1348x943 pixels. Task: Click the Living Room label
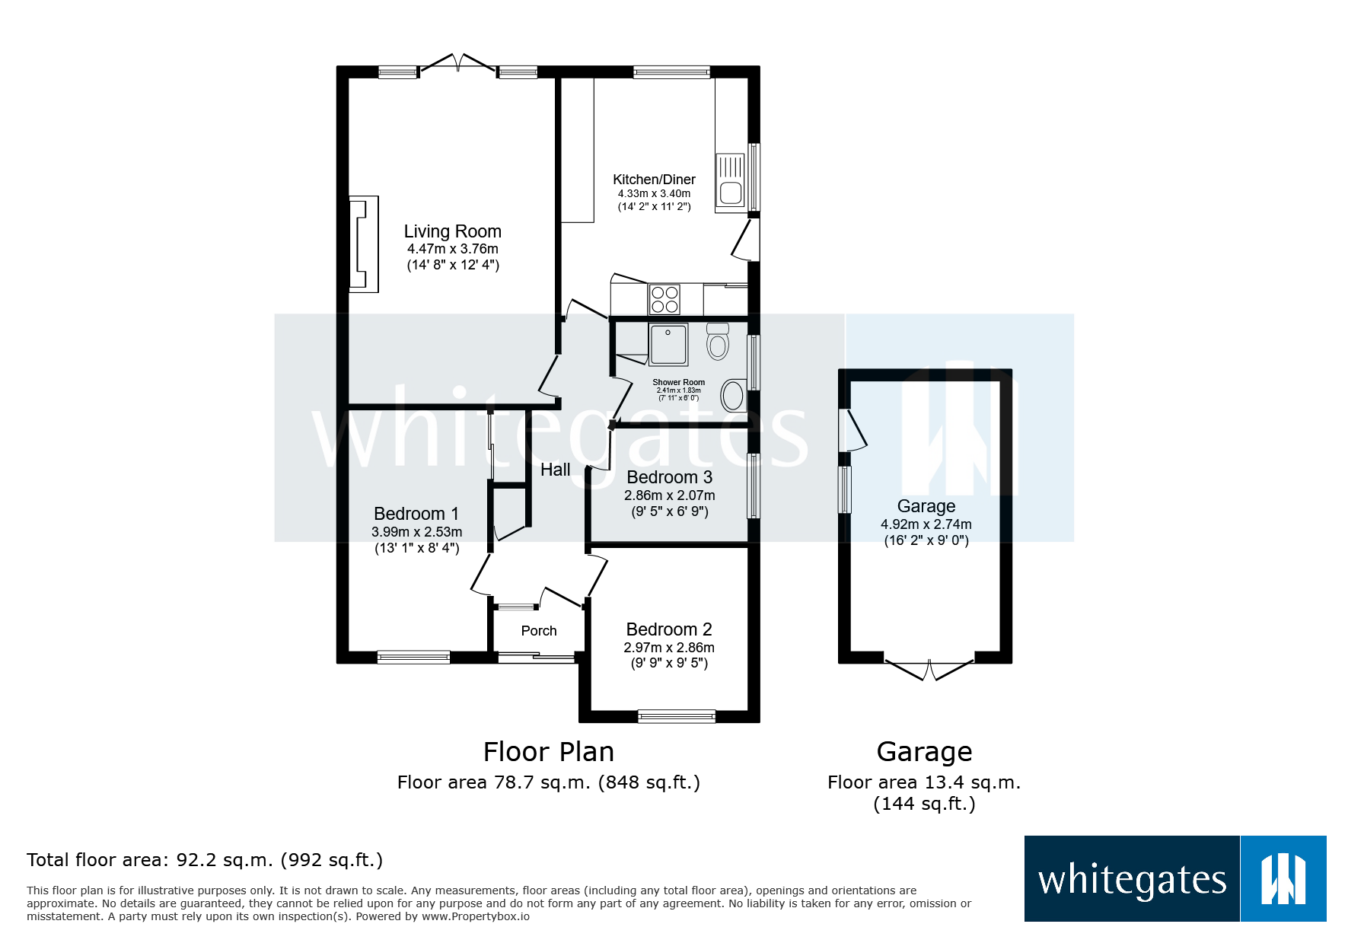coord(452,231)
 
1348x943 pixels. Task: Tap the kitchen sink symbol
coord(730,181)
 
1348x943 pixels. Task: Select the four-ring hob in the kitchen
coord(664,299)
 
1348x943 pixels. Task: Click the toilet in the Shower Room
coord(717,341)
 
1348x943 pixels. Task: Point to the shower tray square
coord(668,344)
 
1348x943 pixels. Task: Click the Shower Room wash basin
coord(732,396)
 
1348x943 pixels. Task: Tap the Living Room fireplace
coord(363,244)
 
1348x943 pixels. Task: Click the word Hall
coord(555,470)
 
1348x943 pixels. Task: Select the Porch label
coord(539,631)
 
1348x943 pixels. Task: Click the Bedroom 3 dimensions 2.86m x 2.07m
coord(669,495)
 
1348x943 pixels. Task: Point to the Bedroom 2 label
coord(668,629)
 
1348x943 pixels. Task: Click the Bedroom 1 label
coord(416,514)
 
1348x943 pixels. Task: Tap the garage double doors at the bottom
coord(929,669)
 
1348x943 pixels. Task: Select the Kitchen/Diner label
coord(654,180)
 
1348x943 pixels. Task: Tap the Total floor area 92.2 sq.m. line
coord(205,860)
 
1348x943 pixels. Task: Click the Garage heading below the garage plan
coord(924,752)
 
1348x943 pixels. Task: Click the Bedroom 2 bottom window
coord(676,715)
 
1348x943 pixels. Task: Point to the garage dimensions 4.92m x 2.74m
coord(926,524)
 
